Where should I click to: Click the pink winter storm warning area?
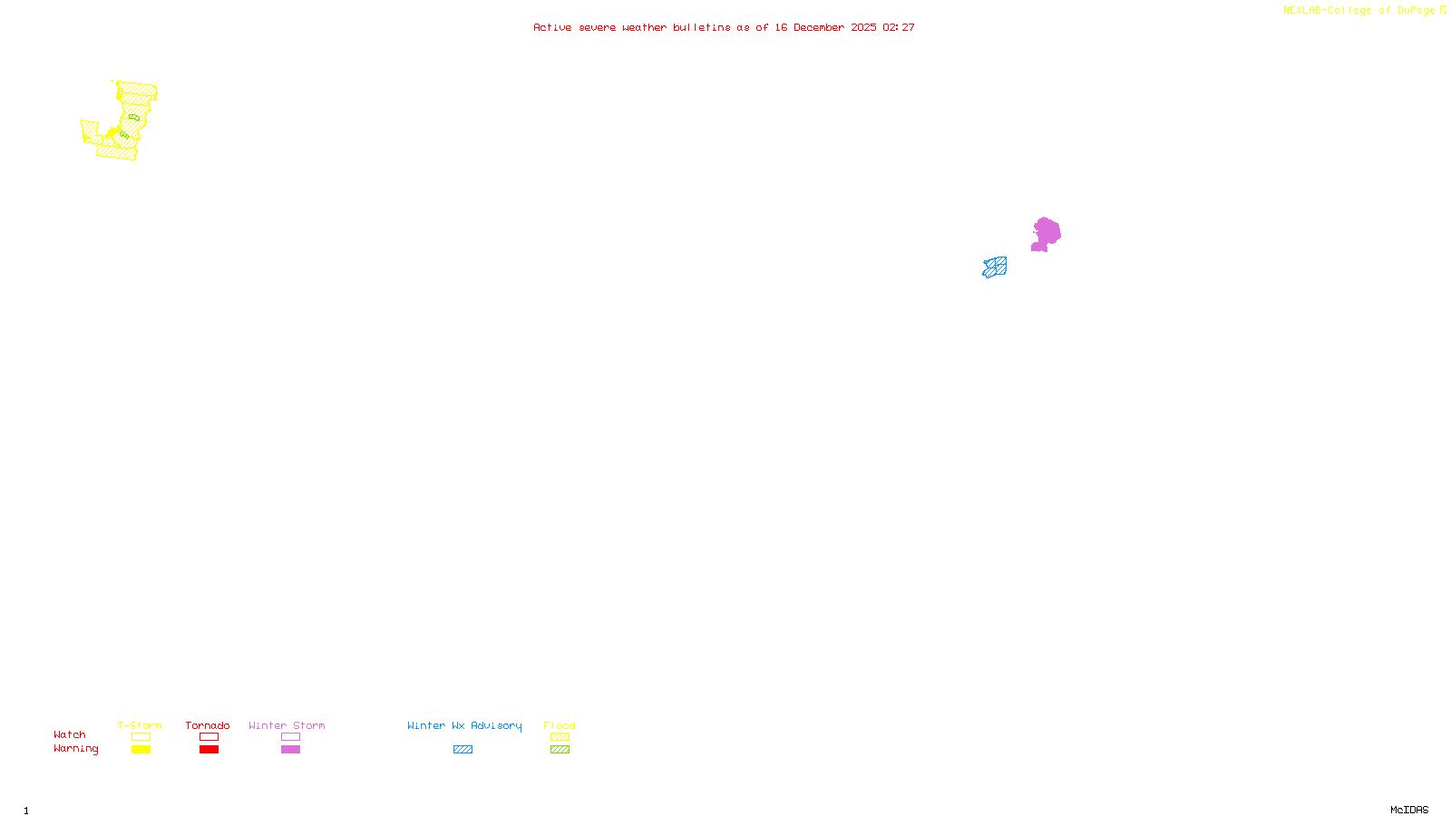point(1047,233)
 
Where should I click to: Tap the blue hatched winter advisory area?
point(995,267)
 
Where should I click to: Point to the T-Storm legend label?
point(140,725)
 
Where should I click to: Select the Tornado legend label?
point(208,725)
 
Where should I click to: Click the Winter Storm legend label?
point(287,725)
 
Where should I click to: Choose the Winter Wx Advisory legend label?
point(464,725)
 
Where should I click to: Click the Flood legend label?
point(560,725)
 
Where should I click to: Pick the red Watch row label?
point(70,735)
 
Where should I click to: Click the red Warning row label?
point(76,749)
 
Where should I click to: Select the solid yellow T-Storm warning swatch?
point(141,750)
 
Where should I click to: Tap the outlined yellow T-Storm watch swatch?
point(141,737)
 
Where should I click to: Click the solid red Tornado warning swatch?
point(209,750)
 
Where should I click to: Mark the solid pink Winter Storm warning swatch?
point(290,750)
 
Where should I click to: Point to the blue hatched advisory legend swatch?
point(463,750)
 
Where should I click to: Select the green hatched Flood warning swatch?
point(560,750)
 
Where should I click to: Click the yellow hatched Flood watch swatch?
point(560,737)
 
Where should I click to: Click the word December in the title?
point(819,28)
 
